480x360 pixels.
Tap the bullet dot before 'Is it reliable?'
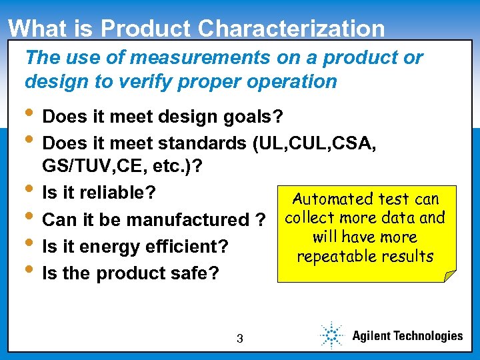click(x=31, y=191)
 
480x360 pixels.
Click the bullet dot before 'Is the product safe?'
click(x=31, y=271)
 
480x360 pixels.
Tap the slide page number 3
click(x=239, y=339)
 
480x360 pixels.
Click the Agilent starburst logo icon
click(x=331, y=335)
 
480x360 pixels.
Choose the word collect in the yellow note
click(x=308, y=218)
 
